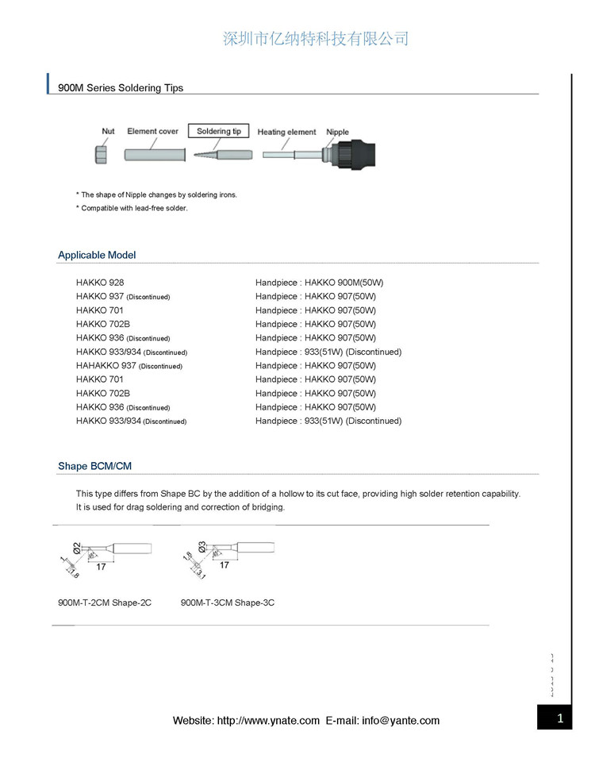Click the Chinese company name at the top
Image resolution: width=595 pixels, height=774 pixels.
(x=316, y=39)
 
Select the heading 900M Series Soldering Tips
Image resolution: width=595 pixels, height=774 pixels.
(x=121, y=88)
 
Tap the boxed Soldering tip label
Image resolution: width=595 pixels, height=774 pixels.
(x=219, y=131)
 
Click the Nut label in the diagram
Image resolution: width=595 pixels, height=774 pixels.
(x=108, y=132)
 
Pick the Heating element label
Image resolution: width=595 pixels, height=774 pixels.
(x=286, y=132)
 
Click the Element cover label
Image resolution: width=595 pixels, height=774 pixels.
(x=153, y=132)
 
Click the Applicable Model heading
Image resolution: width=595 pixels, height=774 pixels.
(x=97, y=255)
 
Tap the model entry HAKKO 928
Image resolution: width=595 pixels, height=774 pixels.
(x=100, y=283)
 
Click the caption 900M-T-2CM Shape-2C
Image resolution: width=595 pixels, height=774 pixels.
(x=105, y=603)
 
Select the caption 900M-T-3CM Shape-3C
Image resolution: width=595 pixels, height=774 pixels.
(x=228, y=603)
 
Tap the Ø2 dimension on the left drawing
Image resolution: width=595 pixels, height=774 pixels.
(x=77, y=546)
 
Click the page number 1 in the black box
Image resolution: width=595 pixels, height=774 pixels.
(x=560, y=719)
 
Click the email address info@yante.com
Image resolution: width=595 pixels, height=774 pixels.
(x=400, y=721)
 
